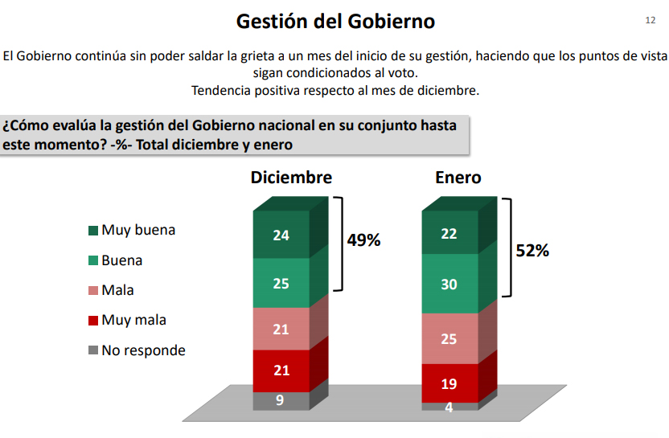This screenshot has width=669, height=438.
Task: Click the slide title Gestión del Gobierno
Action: [334, 22]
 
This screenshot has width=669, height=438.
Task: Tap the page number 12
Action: [651, 19]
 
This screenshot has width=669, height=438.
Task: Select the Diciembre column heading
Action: [291, 178]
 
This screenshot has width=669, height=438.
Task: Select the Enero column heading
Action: [458, 178]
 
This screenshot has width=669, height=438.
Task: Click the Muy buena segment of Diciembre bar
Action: [281, 235]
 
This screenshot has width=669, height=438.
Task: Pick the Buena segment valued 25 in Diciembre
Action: [281, 283]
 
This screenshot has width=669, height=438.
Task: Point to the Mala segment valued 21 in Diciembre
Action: [281, 329]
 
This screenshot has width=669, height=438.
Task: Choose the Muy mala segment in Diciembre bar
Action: [281, 371]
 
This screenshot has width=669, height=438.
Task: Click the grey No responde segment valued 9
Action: [281, 400]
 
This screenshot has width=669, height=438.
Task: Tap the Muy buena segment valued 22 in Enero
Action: [449, 232]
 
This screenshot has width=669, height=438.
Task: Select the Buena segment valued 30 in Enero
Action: [449, 284]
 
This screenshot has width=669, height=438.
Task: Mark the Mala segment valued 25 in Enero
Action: [449, 338]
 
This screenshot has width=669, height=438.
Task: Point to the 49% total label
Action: [363, 239]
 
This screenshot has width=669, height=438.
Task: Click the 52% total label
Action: [532, 251]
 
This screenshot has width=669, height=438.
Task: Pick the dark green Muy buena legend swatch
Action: [93, 231]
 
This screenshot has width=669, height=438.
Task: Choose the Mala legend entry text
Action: [117, 290]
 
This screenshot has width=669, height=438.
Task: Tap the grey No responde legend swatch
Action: [93, 351]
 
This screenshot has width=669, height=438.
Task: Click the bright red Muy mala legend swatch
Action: [93, 321]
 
